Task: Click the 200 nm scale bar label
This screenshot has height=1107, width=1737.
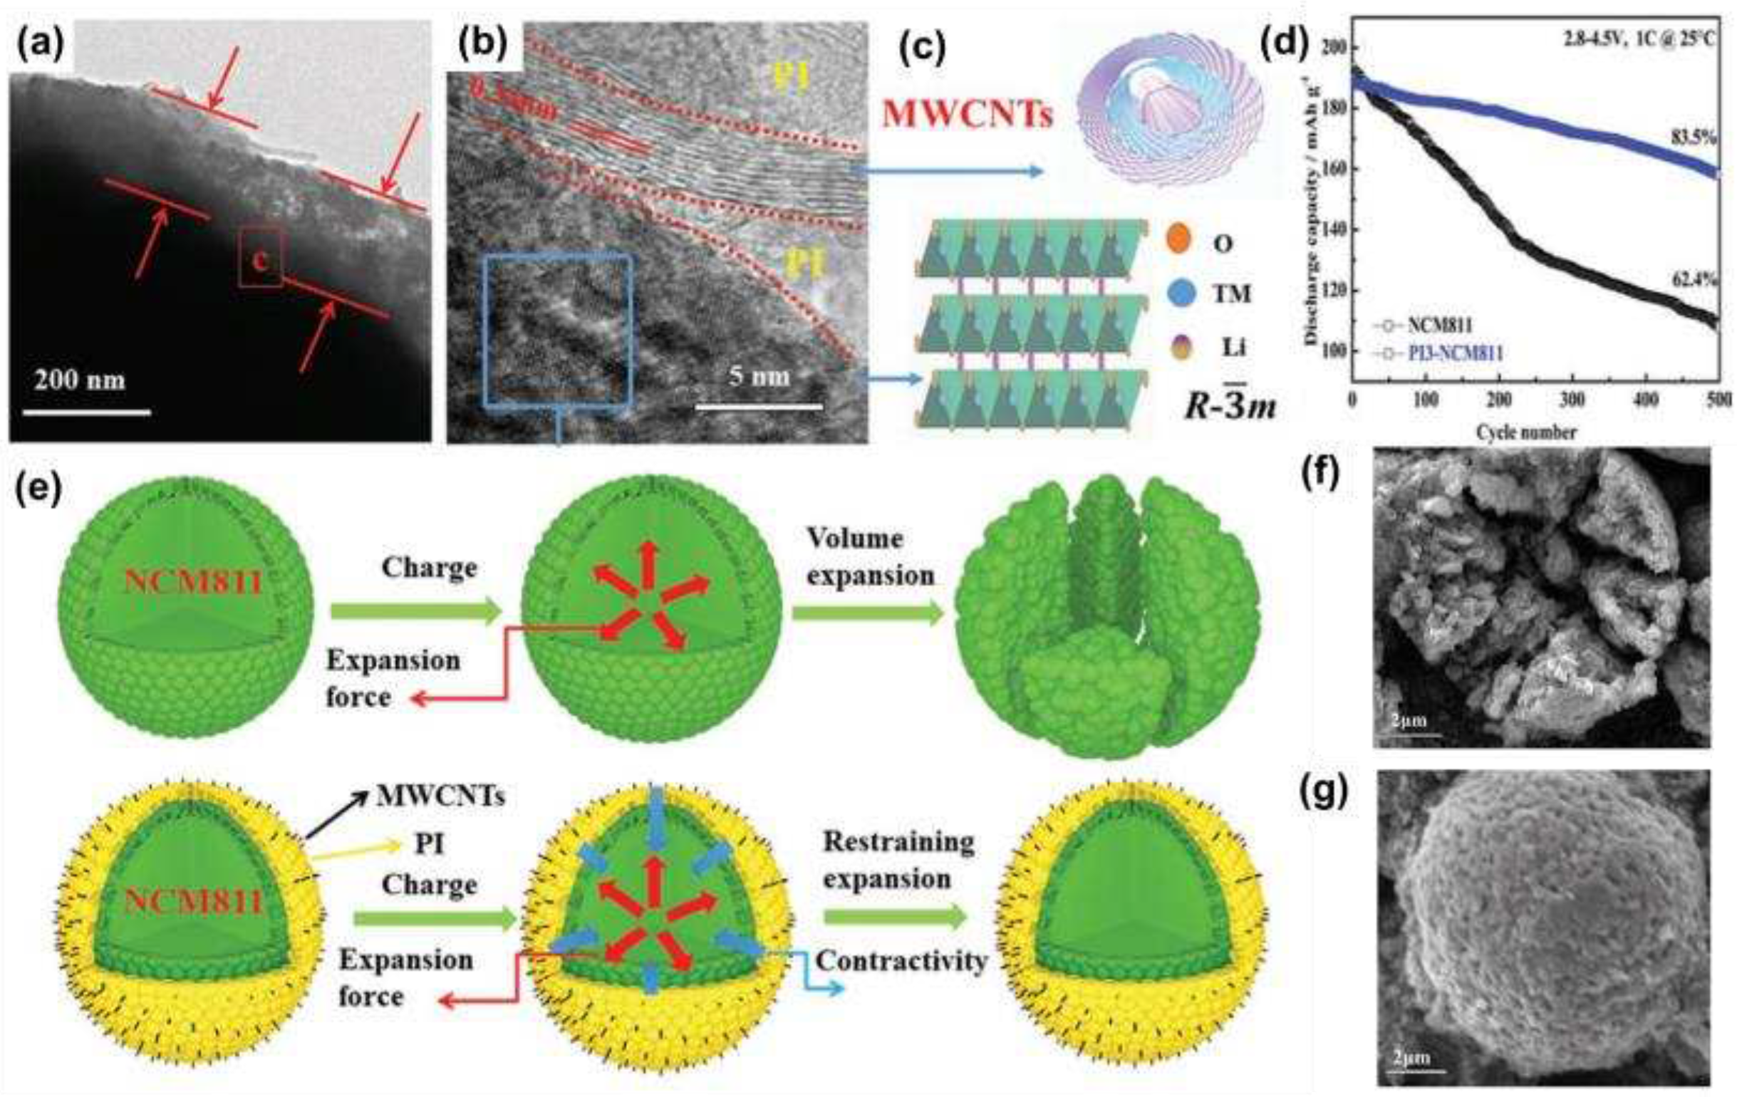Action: [x=79, y=380]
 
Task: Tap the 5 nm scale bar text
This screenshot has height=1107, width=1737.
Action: [x=759, y=375]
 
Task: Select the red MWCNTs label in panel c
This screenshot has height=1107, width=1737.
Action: [x=968, y=113]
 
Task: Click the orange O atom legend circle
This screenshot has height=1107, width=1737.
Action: [x=1177, y=241]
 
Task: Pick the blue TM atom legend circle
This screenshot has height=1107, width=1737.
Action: [x=1180, y=293]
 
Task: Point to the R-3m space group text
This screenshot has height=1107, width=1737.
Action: [x=1230, y=405]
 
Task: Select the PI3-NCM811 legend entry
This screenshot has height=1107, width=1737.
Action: [x=1455, y=353]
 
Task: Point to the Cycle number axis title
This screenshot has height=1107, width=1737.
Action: [x=1525, y=432]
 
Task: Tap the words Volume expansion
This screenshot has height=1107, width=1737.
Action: [x=869, y=557]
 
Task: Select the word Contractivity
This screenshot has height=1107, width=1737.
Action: [x=901, y=960]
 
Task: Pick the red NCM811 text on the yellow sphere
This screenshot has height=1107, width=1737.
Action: [x=192, y=901]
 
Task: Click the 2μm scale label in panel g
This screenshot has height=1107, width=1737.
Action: [x=1411, y=1058]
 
